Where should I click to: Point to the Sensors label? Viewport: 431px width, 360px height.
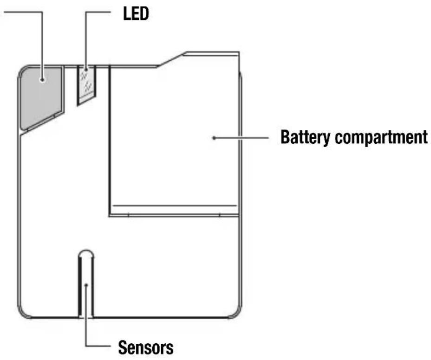coord(146,347)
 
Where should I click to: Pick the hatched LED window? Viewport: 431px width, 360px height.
coord(86,84)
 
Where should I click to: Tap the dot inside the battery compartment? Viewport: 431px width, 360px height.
coord(214,138)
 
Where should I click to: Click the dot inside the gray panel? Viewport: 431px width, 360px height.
coord(42,80)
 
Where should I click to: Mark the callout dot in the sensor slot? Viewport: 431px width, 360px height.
coord(86,284)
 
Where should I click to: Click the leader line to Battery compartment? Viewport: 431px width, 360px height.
coord(242,138)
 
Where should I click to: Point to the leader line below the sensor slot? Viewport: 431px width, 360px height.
coord(86,332)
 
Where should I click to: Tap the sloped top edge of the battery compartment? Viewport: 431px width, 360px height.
coord(170,60)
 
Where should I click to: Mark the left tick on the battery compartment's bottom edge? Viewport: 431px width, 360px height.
coord(128,215)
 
